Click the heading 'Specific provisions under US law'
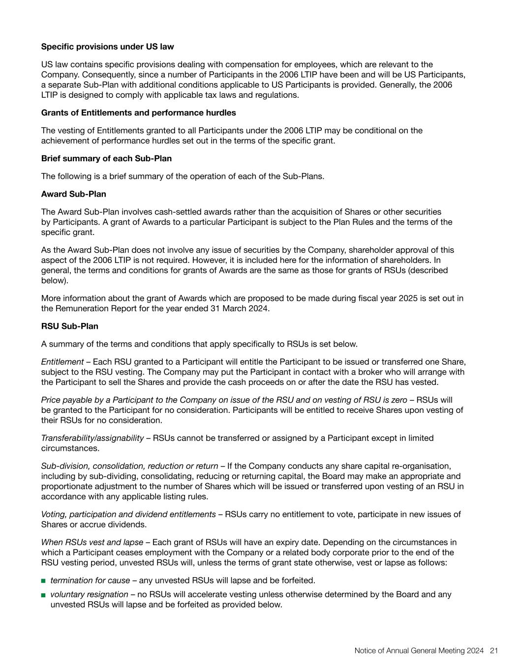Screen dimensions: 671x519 (x=107, y=47)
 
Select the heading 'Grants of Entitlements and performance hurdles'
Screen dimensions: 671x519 (x=138, y=113)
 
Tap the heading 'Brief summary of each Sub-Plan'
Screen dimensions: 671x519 (x=106, y=158)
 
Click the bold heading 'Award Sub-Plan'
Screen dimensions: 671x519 (x=73, y=194)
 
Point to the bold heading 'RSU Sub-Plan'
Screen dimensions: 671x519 (x=69, y=326)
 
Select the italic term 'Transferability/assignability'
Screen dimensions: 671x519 (x=92, y=438)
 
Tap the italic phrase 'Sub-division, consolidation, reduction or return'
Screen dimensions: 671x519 (x=129, y=466)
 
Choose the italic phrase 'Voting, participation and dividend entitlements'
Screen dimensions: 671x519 (x=128, y=514)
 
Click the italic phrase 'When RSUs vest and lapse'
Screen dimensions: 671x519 (x=92, y=542)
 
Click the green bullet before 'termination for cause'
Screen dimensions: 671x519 (x=43, y=581)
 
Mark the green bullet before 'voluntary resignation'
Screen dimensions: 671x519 (x=43, y=595)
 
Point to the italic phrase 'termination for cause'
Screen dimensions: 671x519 (x=90, y=581)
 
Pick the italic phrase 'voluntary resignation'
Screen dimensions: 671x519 (x=90, y=594)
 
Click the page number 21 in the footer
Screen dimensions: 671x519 (x=494, y=650)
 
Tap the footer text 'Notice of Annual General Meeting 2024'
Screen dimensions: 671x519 (x=419, y=650)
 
